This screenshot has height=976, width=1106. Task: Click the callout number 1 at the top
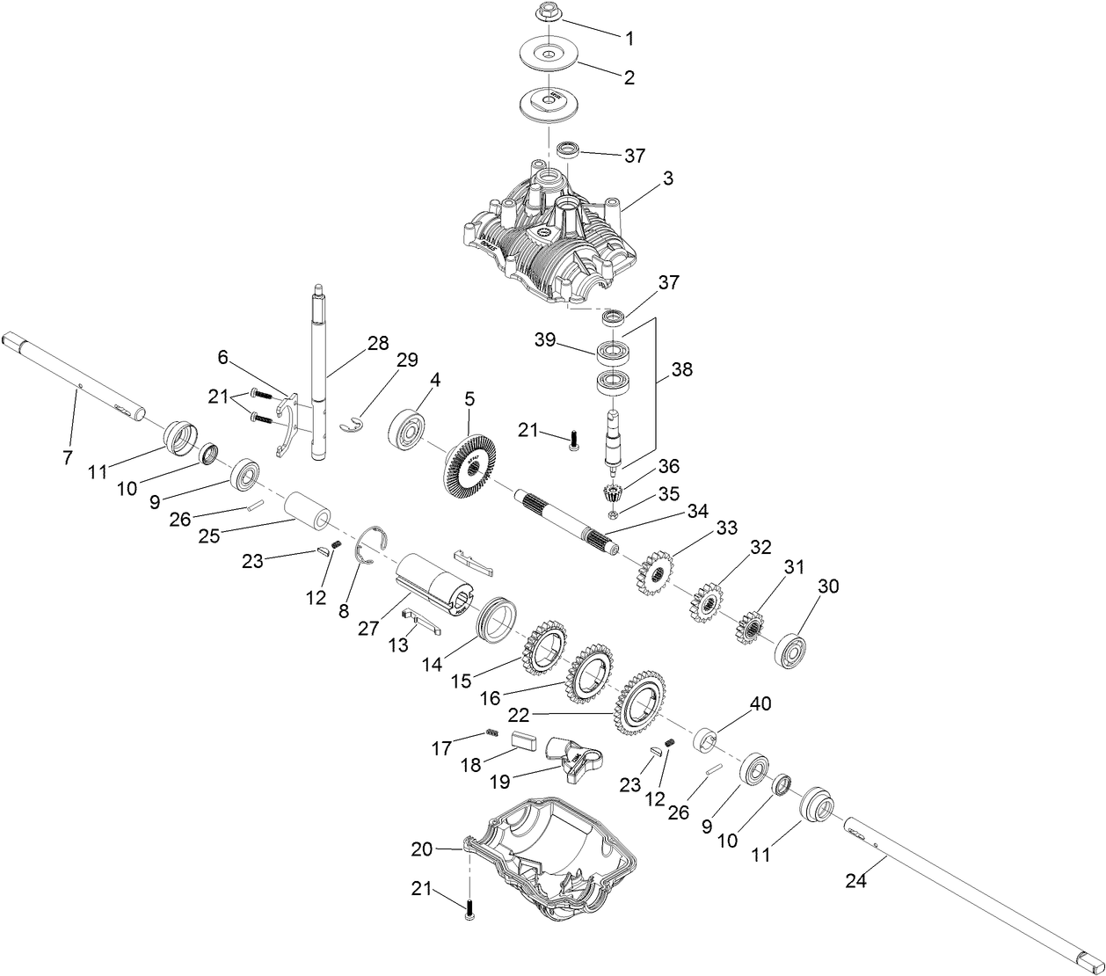[x=629, y=38]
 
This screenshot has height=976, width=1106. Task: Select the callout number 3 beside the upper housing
[x=668, y=178]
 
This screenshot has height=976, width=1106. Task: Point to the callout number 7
[x=68, y=457]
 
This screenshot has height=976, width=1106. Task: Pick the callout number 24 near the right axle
[x=855, y=879]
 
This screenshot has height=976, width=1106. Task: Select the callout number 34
[x=697, y=511]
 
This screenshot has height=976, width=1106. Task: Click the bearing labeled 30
[x=791, y=648]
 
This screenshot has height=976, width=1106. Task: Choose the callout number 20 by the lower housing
[x=423, y=849]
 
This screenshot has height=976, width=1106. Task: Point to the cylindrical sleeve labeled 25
[x=308, y=512]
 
